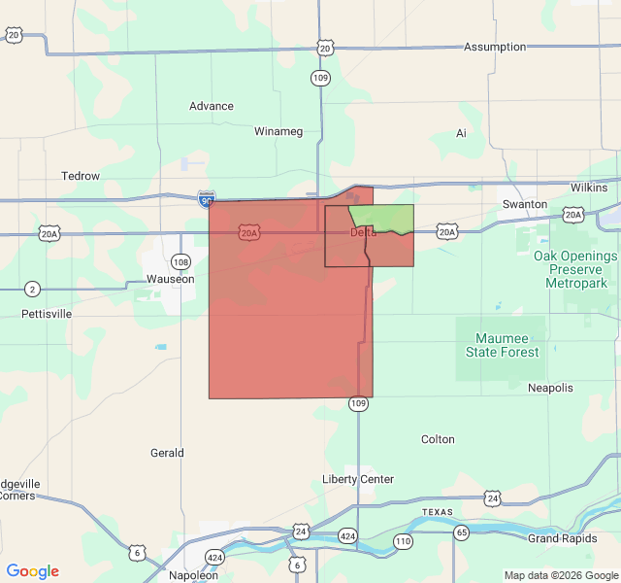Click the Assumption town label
(x=494, y=47)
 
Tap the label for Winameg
(x=278, y=131)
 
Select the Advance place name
(x=211, y=107)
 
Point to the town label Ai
(x=461, y=133)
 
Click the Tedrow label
(x=81, y=177)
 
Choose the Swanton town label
(x=524, y=204)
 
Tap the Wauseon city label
(x=170, y=279)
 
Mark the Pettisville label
(x=47, y=315)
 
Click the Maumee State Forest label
(x=501, y=345)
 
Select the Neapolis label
(x=550, y=388)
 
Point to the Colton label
(x=438, y=439)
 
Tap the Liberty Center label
(x=358, y=479)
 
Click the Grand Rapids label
(x=562, y=538)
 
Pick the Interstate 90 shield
(x=206, y=199)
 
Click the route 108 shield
(x=180, y=262)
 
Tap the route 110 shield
(x=403, y=540)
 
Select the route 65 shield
(x=461, y=532)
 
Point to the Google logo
(x=33, y=571)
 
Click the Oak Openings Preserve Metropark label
(x=575, y=268)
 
